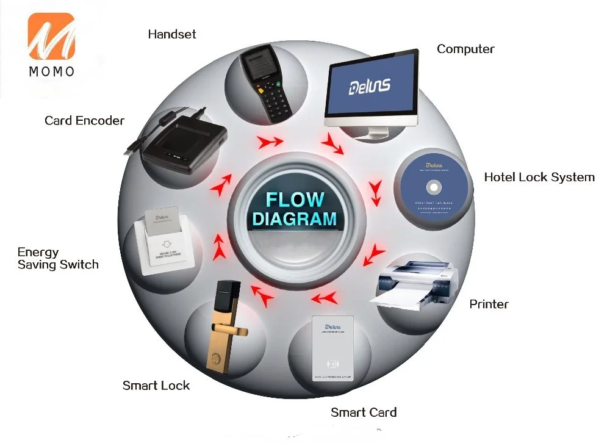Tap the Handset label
(172, 34)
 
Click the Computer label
(465, 49)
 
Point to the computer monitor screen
(371, 86)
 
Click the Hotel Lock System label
(539, 177)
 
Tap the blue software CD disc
(434, 185)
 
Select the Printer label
(489, 304)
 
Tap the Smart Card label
(364, 412)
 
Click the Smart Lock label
(156, 385)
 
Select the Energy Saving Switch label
(57, 258)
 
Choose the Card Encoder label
(84, 120)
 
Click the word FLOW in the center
(295, 200)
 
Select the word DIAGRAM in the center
(295, 218)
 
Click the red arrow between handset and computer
(270, 142)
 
